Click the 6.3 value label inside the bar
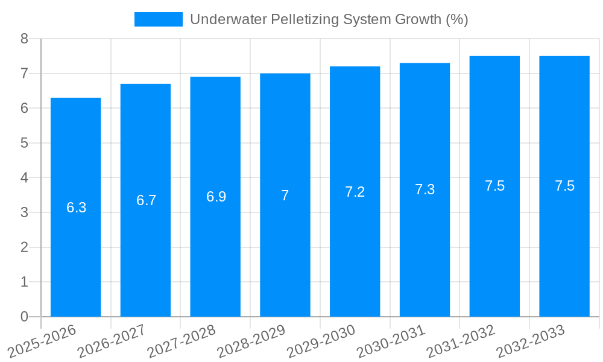76,208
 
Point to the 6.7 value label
146,200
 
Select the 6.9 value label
216,197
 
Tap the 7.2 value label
355,192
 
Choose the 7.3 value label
425,189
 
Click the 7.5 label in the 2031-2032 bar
494,186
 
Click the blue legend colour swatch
158,19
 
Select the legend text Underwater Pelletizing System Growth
329,19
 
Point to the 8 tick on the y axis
24,39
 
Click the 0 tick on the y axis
24,317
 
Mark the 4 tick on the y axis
24,178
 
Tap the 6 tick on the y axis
24,109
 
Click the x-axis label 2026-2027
112,341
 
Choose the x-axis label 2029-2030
321,341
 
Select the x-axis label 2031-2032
461,341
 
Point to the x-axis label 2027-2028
182,341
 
